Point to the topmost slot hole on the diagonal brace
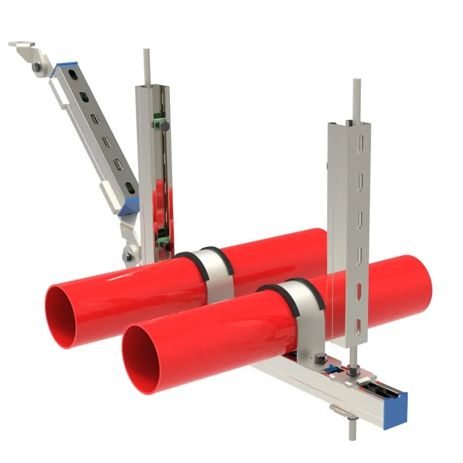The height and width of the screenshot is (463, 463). tap(74, 74)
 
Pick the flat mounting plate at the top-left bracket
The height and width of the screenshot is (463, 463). tap(23, 45)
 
